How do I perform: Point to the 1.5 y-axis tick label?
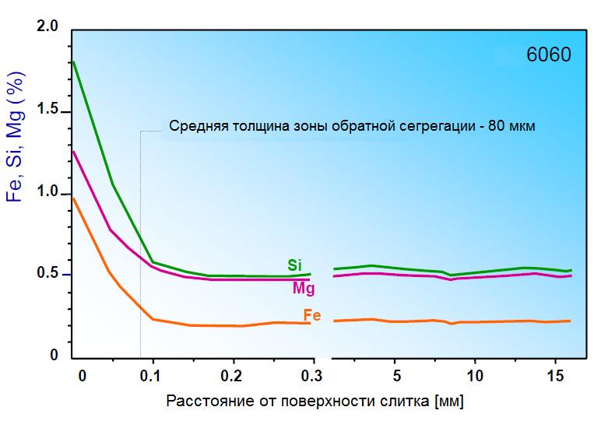pyautogui.click(x=48, y=111)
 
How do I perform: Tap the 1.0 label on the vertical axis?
pyautogui.click(x=48, y=194)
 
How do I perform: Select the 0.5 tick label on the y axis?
pyautogui.click(x=48, y=274)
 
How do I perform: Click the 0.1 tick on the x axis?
pyautogui.click(x=153, y=375)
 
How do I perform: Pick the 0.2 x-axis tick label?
pyautogui.click(x=232, y=375)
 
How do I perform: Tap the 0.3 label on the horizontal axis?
pyautogui.click(x=311, y=375)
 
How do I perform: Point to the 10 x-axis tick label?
pyautogui.click(x=475, y=375)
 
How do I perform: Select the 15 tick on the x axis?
pyautogui.click(x=554, y=375)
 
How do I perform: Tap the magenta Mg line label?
pyautogui.click(x=304, y=289)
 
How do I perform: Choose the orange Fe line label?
pyautogui.click(x=312, y=315)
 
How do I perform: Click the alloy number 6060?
pyautogui.click(x=548, y=56)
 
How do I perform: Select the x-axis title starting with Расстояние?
pyautogui.click(x=319, y=402)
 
